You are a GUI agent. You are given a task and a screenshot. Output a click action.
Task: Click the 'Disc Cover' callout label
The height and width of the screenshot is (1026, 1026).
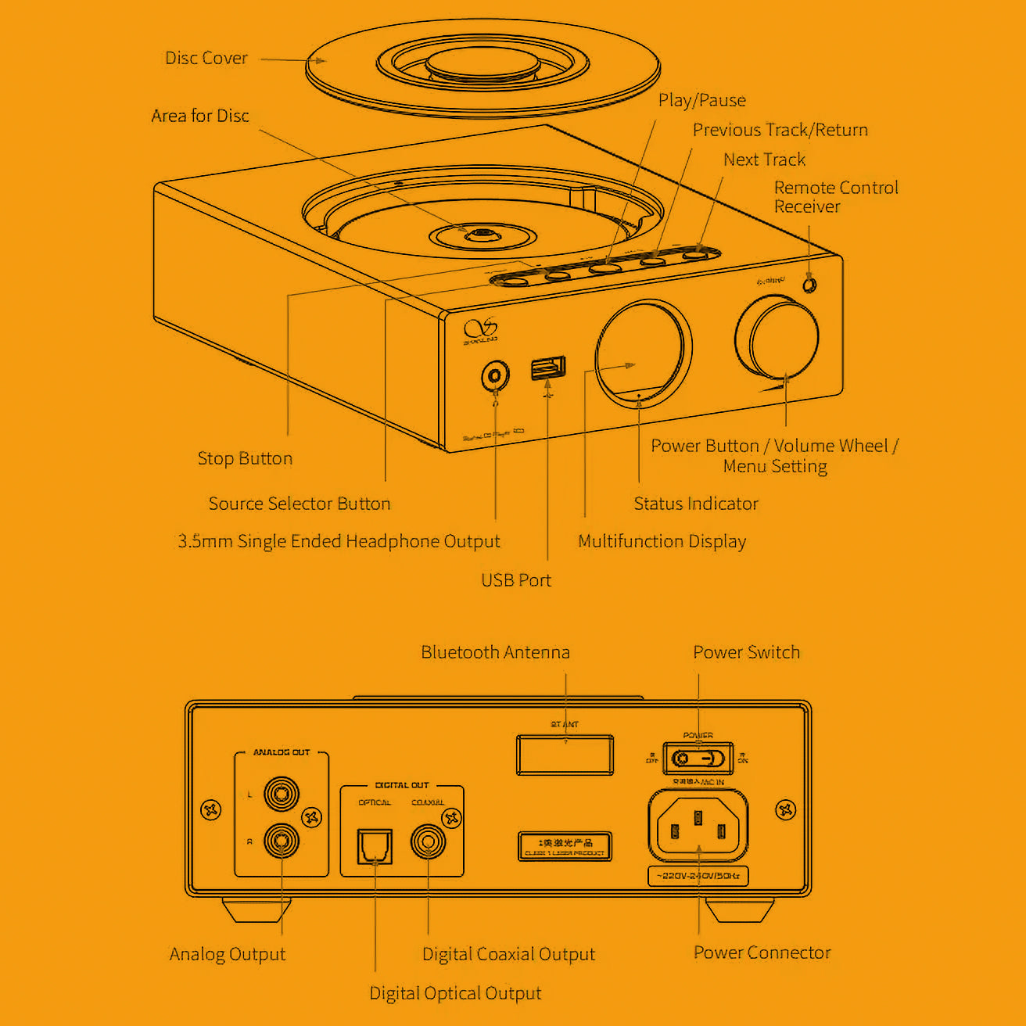click(x=206, y=59)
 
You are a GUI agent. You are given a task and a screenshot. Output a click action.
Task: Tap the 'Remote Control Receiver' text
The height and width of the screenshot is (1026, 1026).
click(x=835, y=197)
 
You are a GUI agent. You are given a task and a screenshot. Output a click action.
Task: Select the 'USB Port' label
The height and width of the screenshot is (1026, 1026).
click(x=515, y=580)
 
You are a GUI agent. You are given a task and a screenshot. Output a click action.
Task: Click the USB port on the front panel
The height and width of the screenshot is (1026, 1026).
click(x=547, y=368)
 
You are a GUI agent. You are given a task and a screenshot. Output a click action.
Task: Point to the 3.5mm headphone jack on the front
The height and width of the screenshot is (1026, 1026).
click(x=494, y=376)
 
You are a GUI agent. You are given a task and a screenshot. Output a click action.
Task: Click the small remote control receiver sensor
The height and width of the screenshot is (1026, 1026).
click(x=809, y=285)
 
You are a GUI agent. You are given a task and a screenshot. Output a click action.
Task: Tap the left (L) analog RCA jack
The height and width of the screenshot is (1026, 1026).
click(x=281, y=795)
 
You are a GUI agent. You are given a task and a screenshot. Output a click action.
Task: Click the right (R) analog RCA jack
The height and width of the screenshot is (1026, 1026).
click(x=281, y=841)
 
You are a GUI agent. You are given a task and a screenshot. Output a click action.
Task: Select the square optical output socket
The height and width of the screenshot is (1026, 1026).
click(x=375, y=846)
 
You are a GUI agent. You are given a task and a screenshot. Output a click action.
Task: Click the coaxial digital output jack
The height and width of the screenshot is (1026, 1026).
click(x=428, y=842)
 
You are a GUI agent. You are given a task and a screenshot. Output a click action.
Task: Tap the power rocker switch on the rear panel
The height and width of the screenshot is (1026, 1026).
click(x=698, y=759)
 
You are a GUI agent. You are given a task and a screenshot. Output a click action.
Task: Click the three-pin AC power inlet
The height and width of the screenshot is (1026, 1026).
click(x=698, y=827)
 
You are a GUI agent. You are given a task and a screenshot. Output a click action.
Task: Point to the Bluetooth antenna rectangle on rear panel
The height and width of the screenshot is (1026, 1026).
click(x=565, y=755)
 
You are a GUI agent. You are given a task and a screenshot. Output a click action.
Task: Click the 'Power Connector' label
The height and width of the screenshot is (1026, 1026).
click(x=762, y=952)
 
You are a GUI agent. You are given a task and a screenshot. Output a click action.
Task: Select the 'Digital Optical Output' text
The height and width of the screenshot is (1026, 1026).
click(x=455, y=993)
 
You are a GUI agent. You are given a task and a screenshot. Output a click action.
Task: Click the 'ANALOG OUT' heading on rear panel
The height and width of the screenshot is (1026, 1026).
click(x=282, y=752)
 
